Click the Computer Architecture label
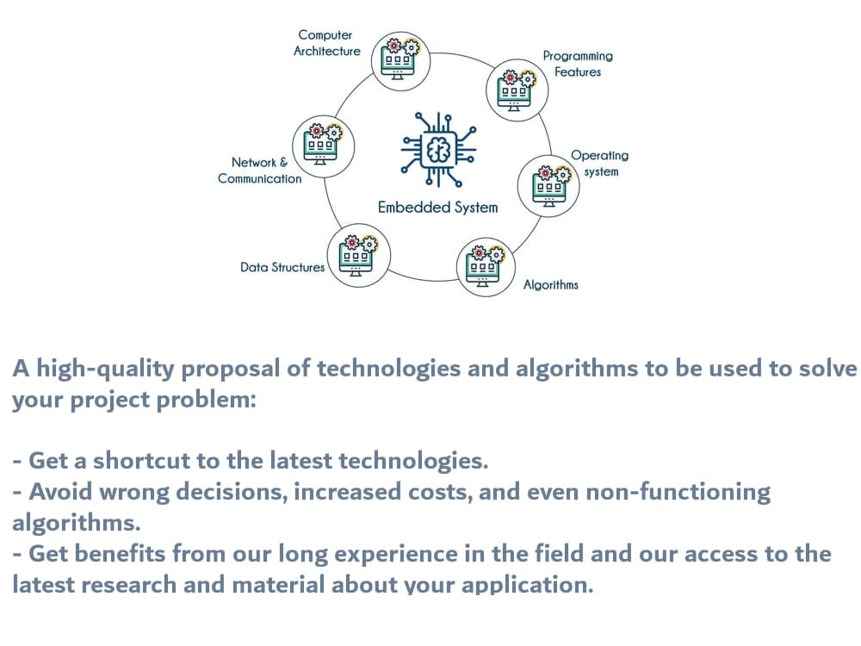pos(325,43)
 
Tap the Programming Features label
pos(578,64)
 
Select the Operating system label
pos(600,163)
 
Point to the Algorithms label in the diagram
pos(551,284)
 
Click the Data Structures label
pos(282,267)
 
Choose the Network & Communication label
pos(259,171)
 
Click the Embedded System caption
pos(437,207)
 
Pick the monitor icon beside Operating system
pos(548,183)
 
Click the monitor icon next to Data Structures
pos(356,254)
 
